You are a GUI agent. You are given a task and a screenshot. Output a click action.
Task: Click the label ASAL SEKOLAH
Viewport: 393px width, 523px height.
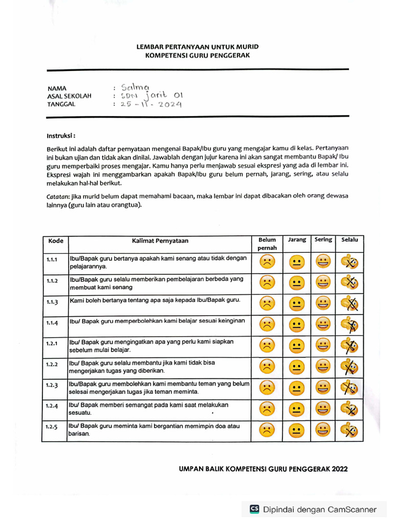69,96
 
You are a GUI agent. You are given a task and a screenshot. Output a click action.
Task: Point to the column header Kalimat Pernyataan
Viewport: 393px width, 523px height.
160,241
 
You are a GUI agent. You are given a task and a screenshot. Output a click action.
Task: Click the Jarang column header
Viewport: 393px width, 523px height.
297,240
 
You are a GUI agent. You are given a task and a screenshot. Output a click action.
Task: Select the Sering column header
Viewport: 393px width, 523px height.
323,240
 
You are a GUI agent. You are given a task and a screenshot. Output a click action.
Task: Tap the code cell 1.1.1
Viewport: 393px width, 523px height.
52,260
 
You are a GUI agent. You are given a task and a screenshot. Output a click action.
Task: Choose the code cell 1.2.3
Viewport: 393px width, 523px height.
52,386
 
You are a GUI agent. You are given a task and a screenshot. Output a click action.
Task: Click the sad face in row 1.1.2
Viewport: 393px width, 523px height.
267,282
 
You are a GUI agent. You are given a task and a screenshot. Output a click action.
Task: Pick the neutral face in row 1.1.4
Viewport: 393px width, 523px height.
296,324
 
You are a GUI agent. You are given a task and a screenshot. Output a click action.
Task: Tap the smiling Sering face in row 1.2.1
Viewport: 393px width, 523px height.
322,346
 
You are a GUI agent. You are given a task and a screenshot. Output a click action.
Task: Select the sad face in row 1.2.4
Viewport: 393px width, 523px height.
267,409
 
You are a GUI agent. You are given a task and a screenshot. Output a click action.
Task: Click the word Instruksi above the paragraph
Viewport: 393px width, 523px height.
61,136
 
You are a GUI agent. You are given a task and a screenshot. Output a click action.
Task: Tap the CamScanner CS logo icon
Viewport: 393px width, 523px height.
254,509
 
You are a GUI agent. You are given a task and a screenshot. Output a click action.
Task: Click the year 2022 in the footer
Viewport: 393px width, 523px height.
340,468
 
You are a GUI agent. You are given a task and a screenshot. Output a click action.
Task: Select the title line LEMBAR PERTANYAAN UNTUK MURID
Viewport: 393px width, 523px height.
197,47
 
